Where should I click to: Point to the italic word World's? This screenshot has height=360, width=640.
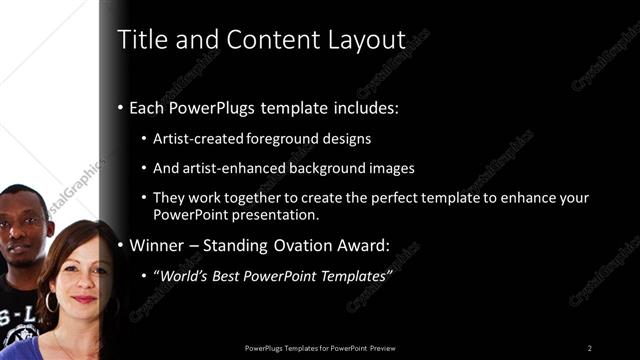(x=183, y=276)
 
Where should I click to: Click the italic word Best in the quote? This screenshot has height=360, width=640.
(x=229, y=276)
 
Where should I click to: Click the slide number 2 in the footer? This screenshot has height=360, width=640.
(x=590, y=348)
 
